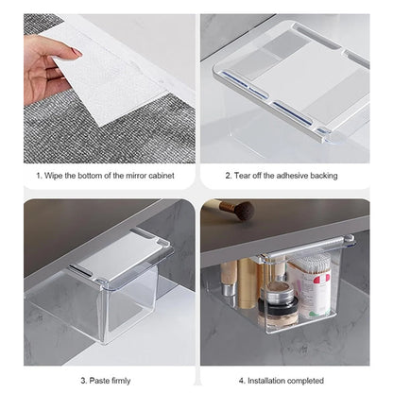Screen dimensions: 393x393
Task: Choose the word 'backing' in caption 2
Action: point(340,175)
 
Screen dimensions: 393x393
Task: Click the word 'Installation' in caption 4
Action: point(275,379)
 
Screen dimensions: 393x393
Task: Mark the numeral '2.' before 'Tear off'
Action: point(229,175)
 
